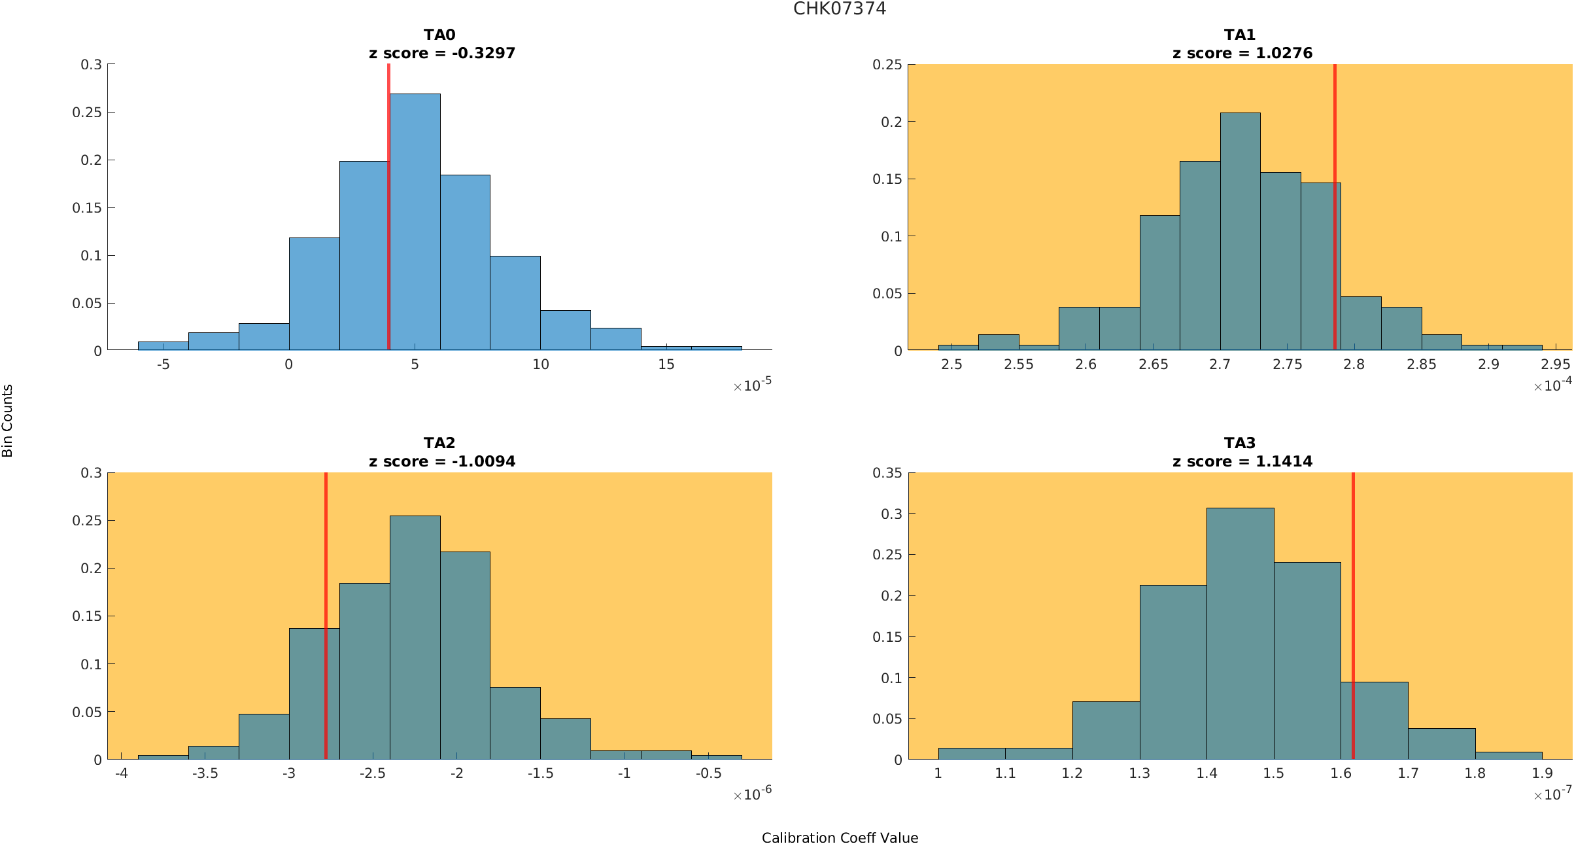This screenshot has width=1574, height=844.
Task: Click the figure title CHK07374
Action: [x=840, y=9]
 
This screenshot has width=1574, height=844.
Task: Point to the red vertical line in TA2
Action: [x=326, y=615]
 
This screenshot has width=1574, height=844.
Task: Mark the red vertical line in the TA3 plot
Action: [x=1353, y=615]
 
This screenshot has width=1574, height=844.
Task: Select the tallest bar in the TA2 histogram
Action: [x=415, y=637]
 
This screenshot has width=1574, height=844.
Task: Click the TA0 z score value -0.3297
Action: [x=483, y=53]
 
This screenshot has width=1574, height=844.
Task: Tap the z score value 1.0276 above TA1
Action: [x=1284, y=53]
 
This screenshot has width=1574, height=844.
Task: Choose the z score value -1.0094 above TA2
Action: [x=483, y=461]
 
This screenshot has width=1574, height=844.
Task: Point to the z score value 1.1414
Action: [x=1284, y=461]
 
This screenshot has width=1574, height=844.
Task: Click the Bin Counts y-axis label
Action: [x=8, y=420]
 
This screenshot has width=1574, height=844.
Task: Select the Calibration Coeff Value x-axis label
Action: [x=840, y=837]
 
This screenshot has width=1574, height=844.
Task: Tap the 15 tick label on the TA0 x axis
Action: [x=666, y=364]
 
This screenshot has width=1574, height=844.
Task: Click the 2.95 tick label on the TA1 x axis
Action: [x=1555, y=364]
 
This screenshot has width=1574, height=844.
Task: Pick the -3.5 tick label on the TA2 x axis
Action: [x=205, y=773]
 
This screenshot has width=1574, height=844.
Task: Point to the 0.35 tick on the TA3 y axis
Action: [x=887, y=472]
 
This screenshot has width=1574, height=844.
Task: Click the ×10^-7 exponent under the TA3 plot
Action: [x=1552, y=794]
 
